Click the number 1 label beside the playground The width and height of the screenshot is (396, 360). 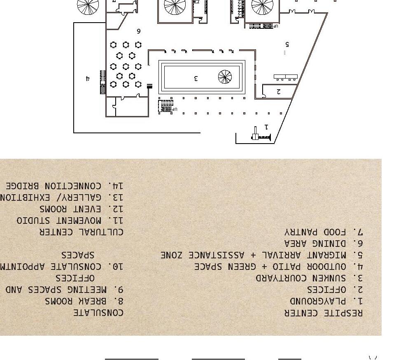pos(266,127)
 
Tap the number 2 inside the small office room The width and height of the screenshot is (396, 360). pos(279,92)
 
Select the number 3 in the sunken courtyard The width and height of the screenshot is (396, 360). pos(196,78)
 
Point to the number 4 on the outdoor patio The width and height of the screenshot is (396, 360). pos(88,78)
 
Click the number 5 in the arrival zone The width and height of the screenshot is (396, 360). pos(287,44)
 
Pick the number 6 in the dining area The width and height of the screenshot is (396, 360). pos(139,31)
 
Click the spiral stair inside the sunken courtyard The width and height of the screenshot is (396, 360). pos(225,77)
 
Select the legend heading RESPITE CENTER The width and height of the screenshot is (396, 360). pos(324,313)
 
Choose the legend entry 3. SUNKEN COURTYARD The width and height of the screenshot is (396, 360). pos(309,279)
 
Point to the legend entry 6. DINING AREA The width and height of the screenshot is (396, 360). pos(323,244)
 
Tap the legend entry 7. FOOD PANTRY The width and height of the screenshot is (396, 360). pos(323,232)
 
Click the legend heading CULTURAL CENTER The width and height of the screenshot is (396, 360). pos(81,232)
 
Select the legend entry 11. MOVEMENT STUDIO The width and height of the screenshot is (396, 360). pos(70,221)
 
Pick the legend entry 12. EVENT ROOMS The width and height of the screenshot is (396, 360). pos(82,209)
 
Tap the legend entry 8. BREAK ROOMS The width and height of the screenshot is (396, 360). pos(84,302)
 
